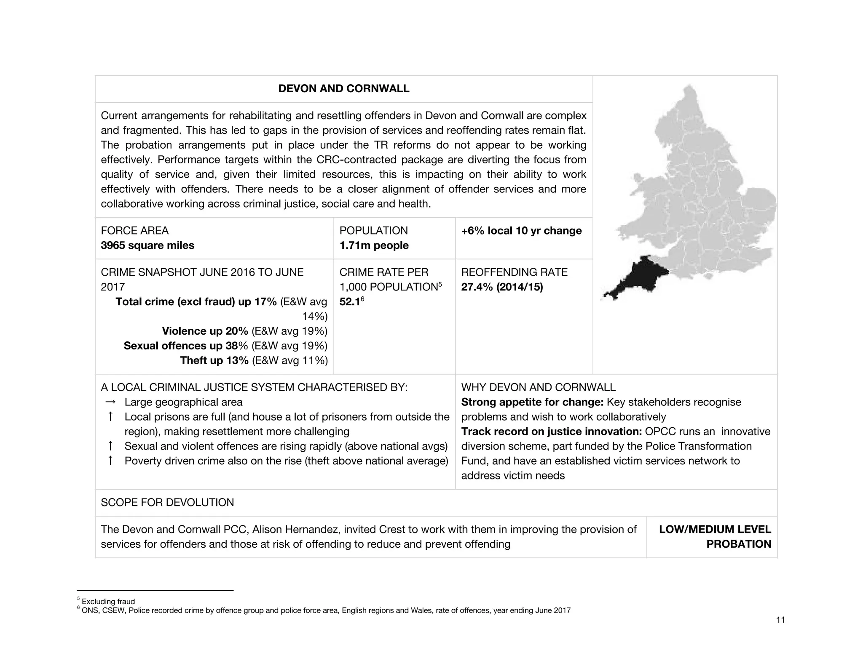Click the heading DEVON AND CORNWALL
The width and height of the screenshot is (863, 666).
(343, 89)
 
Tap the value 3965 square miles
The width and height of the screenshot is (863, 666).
(147, 245)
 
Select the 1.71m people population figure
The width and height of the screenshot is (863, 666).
(374, 245)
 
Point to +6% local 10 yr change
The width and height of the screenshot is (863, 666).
(521, 231)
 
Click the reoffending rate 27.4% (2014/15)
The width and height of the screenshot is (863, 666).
(502, 287)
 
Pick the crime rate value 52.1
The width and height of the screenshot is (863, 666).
(349, 302)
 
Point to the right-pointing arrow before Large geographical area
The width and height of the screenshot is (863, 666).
(110, 402)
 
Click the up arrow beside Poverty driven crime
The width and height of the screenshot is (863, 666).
(110, 461)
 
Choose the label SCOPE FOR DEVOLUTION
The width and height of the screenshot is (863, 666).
(167, 503)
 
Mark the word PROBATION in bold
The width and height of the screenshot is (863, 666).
(738, 544)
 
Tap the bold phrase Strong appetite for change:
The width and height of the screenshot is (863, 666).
(532, 402)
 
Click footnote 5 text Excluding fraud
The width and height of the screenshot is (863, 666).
(108, 602)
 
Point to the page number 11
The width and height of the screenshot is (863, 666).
(780, 620)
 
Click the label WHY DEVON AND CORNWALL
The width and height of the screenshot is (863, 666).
(538, 387)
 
